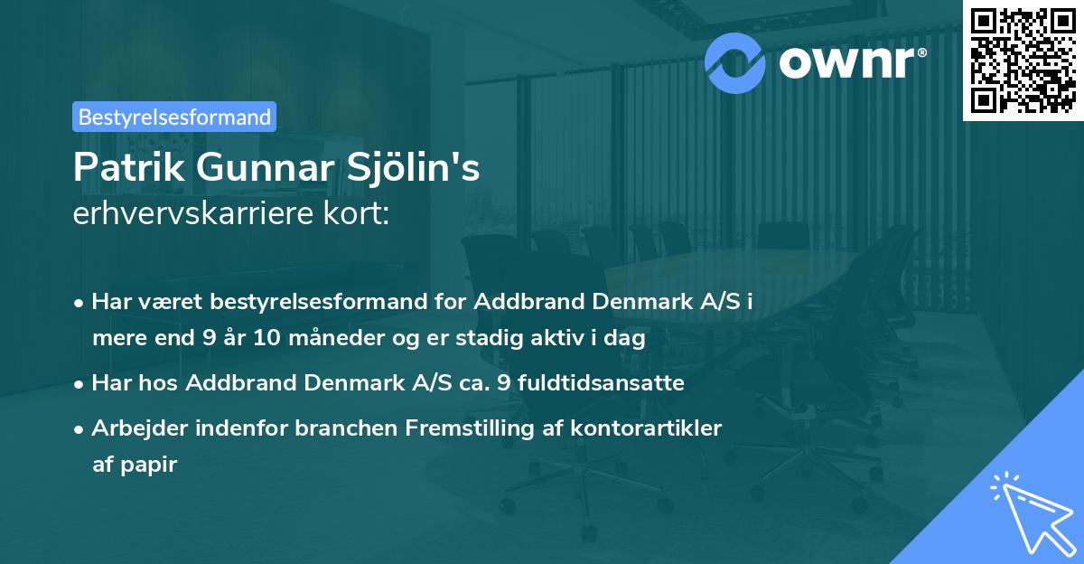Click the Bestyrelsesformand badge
point(174,117)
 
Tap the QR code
point(1022,60)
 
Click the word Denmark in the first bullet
point(641,302)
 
